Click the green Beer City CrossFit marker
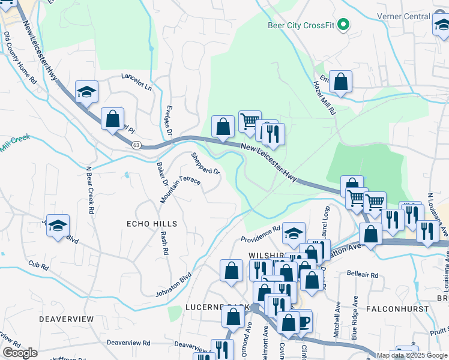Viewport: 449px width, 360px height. click(343, 25)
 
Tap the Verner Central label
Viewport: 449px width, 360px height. click(404, 16)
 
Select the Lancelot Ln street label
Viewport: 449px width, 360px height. click(137, 82)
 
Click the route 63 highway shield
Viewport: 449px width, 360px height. click(136, 145)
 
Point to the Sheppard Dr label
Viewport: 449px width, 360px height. click(206, 163)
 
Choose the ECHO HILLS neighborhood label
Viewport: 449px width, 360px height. click(152, 224)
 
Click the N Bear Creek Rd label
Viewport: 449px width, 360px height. click(91, 191)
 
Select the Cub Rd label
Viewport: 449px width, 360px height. click(37, 263)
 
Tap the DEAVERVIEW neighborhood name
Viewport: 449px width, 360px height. click(67, 319)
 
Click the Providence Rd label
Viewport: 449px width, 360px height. click(261, 234)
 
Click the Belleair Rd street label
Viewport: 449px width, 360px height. click(363, 274)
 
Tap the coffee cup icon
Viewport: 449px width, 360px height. click(303, 321)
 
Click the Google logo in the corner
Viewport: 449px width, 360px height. click(20, 353)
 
